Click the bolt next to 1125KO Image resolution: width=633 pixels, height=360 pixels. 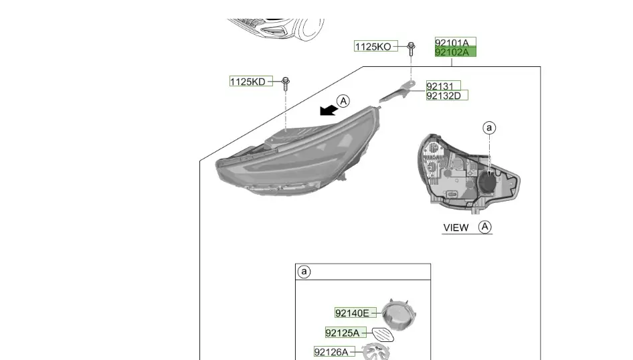411,48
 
